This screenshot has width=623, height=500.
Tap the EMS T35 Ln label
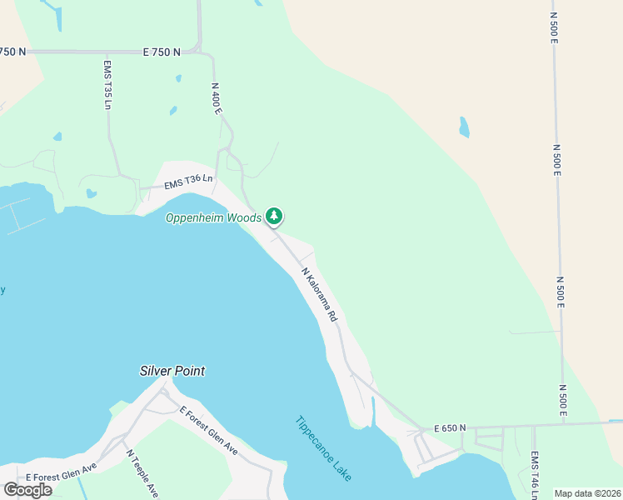click(x=107, y=84)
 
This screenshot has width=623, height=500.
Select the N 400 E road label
click(x=217, y=97)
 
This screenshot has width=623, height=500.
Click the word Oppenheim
click(x=195, y=217)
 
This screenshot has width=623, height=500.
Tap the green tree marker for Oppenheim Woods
click(x=274, y=217)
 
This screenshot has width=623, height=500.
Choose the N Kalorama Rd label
click(x=319, y=295)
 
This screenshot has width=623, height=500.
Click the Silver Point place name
click(x=172, y=371)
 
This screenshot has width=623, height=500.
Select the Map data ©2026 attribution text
click(x=587, y=493)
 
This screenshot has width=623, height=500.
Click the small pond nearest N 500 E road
click(x=464, y=127)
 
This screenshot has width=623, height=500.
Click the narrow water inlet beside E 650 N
click(x=373, y=412)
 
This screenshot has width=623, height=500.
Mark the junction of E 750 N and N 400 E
click(x=198, y=50)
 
